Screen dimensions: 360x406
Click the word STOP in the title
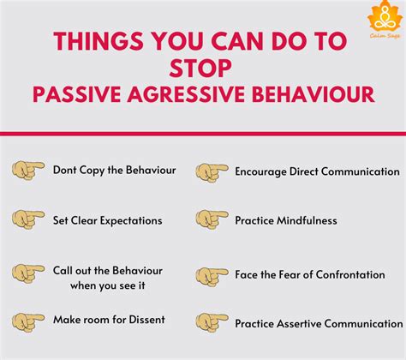click(202, 67)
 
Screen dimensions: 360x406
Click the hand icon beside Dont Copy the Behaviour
click(28, 171)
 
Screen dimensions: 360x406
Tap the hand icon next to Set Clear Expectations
click(28, 220)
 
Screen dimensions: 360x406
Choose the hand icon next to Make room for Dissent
click(28, 321)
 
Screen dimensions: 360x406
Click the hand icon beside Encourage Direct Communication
click(211, 171)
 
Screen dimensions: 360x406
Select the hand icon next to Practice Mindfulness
click(211, 221)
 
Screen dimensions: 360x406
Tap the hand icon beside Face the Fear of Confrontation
click(211, 276)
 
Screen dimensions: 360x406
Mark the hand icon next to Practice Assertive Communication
click(211, 322)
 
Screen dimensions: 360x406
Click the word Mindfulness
click(307, 220)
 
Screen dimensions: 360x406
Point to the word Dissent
click(144, 320)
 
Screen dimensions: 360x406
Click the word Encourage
click(262, 171)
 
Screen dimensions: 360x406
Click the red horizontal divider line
click(203, 134)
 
